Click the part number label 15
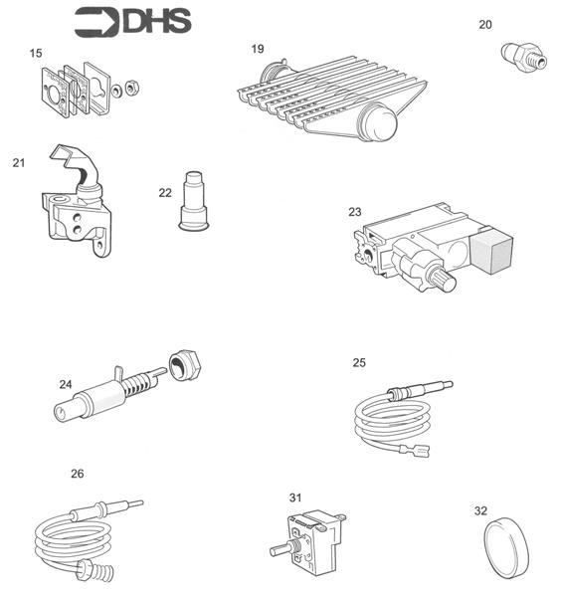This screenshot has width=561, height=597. [36, 52]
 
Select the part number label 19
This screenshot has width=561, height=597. [258, 48]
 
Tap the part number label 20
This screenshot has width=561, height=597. [484, 24]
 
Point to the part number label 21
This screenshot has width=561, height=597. [18, 162]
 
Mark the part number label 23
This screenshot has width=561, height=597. [355, 211]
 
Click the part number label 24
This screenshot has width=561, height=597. [66, 384]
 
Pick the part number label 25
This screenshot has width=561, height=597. [359, 362]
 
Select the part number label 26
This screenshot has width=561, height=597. [77, 474]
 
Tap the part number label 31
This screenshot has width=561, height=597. [294, 497]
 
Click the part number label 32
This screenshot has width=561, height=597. [480, 510]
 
